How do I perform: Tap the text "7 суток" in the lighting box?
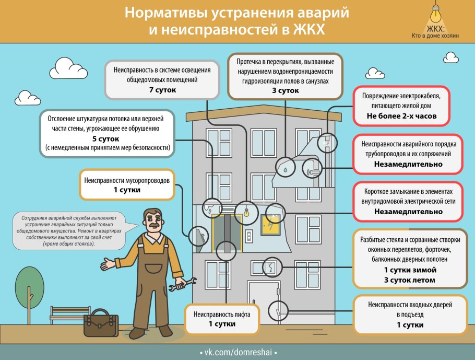(162, 90)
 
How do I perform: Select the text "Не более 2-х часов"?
(401, 116)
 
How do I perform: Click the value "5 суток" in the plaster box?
(106, 139)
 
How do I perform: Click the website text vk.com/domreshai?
(238, 353)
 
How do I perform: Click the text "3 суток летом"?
(409, 280)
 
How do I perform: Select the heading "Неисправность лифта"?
(222, 315)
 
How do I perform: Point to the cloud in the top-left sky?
(72, 66)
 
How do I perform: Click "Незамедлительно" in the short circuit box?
(408, 212)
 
